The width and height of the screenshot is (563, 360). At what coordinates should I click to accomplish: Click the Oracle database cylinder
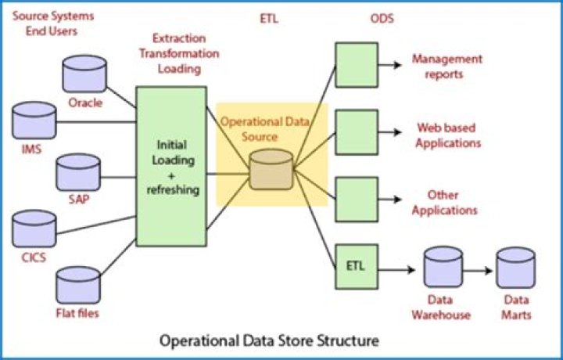(x=84, y=74)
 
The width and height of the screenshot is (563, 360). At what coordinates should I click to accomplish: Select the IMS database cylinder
(x=34, y=121)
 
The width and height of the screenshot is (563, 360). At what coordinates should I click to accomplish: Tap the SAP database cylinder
(x=78, y=172)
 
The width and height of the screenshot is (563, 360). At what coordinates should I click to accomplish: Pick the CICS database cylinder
(x=34, y=229)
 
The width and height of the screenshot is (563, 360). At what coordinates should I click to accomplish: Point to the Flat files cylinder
(x=78, y=286)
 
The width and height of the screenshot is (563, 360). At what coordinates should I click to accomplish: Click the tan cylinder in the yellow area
(x=271, y=170)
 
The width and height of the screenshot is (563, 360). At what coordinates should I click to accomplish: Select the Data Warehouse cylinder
(x=443, y=267)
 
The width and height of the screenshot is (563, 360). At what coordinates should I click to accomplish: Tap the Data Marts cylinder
(x=516, y=268)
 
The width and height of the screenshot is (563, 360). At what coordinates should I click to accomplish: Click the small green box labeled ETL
(x=357, y=267)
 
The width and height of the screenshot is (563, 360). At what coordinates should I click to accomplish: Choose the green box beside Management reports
(x=357, y=65)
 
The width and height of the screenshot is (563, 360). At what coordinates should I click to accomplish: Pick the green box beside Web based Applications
(x=357, y=132)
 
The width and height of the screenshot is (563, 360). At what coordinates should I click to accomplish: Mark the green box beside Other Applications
(x=357, y=200)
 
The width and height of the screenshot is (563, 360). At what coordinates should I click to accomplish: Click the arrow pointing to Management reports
(x=390, y=65)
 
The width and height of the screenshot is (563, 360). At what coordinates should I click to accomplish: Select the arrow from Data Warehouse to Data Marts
(x=478, y=271)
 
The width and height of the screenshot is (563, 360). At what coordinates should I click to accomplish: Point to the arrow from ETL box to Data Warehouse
(x=396, y=269)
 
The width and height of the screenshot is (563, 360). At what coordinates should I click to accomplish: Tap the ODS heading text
(x=382, y=18)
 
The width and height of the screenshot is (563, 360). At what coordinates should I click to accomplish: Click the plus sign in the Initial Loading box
(x=171, y=175)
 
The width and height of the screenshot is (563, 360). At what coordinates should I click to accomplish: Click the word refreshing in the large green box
(x=173, y=189)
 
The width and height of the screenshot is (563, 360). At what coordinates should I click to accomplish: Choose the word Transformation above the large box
(x=179, y=53)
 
